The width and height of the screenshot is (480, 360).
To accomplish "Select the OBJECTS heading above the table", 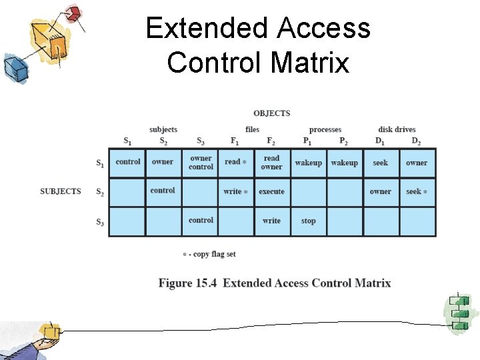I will pos(271,113).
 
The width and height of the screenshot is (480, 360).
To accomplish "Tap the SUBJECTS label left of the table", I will pos(60,191).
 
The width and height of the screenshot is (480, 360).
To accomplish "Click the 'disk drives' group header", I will pos(397,129).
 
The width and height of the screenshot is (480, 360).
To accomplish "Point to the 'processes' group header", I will pos(325,129).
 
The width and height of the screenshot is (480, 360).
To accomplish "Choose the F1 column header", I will pos(234,141).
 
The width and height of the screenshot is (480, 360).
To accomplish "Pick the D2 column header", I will pos(415,141).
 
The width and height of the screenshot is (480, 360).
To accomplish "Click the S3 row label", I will pos(99,222).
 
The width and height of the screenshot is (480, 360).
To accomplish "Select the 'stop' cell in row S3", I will pos(308,221).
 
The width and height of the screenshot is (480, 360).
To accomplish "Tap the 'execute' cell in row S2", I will pos(271,192).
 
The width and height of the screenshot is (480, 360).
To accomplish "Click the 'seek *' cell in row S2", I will pos(416,192).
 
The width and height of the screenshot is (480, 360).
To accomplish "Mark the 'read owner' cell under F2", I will pos(271,163).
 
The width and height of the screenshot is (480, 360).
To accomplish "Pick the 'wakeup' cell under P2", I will pos(344,163).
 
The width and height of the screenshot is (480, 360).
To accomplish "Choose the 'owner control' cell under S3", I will pos(201,163).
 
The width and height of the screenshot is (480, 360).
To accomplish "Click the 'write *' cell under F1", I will pos(235,192).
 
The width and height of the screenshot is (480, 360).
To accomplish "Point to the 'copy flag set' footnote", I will pos(209,254).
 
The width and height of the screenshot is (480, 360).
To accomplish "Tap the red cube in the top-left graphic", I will pos(74,13).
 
